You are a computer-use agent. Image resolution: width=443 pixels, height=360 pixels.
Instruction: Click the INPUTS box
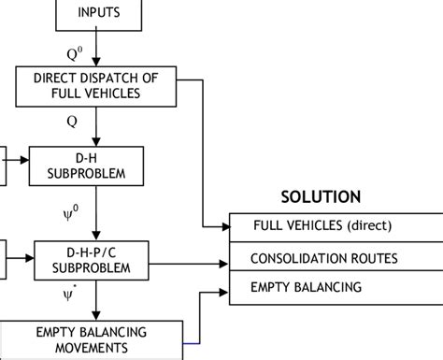[98, 14]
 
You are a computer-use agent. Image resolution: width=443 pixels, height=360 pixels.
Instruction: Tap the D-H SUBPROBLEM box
[86, 165]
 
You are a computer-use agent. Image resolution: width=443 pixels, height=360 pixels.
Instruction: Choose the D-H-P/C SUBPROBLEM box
[92, 259]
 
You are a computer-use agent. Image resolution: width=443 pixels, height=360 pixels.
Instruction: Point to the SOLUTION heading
[321, 197]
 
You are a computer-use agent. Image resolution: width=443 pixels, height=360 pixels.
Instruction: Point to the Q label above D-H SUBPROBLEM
[72, 122]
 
